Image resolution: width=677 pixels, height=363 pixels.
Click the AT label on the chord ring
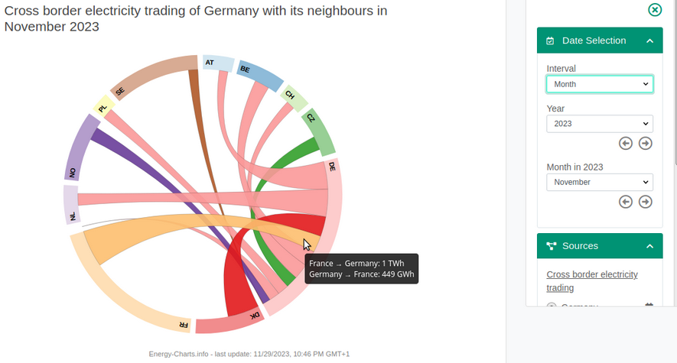point(209,62)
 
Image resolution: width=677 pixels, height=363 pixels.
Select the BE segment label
point(245,70)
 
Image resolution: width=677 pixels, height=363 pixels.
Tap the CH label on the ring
point(289,96)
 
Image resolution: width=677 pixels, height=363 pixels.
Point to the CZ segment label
point(310,118)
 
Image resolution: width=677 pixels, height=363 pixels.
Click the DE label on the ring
point(332,165)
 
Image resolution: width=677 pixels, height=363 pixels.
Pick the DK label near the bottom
point(253,316)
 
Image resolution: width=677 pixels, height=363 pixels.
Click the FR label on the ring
point(184,324)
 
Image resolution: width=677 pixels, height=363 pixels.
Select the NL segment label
point(73,216)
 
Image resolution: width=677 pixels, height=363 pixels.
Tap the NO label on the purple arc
point(73,173)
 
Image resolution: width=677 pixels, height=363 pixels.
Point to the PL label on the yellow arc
point(103,109)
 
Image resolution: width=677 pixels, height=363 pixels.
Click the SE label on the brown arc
point(120,92)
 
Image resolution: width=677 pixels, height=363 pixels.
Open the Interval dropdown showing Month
point(600,84)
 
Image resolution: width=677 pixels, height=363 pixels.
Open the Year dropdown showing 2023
point(600,123)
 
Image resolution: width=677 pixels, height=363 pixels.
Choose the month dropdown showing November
point(600,182)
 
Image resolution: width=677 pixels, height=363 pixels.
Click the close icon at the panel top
point(655,10)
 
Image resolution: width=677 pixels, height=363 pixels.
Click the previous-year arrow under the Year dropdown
point(626,144)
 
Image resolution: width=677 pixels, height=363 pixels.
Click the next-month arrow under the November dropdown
point(646,202)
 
